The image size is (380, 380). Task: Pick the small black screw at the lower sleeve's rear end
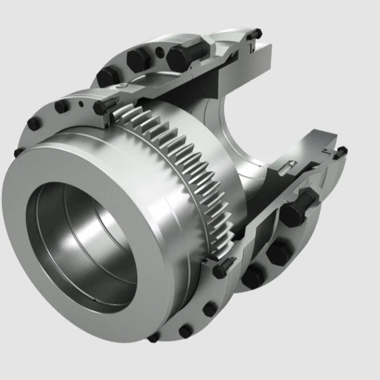coord(341,151)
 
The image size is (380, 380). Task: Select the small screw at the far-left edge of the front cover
coord(19,152)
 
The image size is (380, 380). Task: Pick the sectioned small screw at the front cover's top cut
coord(104,107)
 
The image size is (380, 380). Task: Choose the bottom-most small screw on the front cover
coord(154,337)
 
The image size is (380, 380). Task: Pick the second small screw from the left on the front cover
coord(34,123)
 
